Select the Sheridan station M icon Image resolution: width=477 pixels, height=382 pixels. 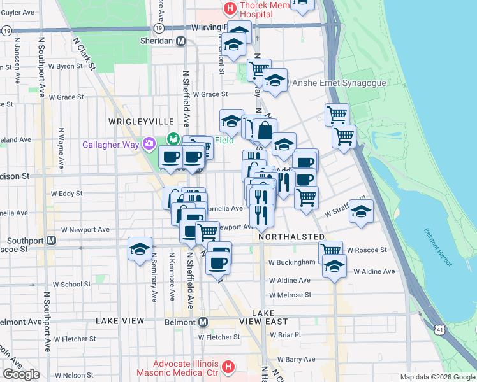[x=181, y=41]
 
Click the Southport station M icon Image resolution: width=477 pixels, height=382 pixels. [x=52, y=241]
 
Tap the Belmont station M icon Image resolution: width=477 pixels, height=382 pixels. [x=203, y=322]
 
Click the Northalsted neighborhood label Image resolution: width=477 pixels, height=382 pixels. [x=292, y=236]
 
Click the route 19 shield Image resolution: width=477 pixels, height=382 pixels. [x=6, y=30]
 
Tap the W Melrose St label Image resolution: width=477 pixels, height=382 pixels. [x=290, y=295]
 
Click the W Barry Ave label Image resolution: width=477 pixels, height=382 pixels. [x=292, y=360]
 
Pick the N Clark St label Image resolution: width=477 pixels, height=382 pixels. [x=84, y=53]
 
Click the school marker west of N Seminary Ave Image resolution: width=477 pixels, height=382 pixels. [x=140, y=248]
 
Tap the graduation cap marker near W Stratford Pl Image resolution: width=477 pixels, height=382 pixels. [x=361, y=211]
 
